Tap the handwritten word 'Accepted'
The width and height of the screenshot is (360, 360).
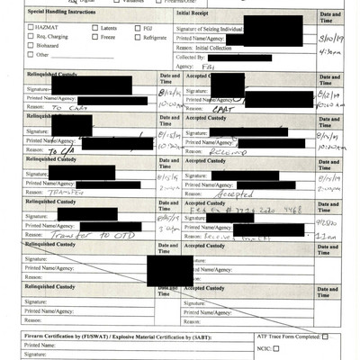coord(236,193)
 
